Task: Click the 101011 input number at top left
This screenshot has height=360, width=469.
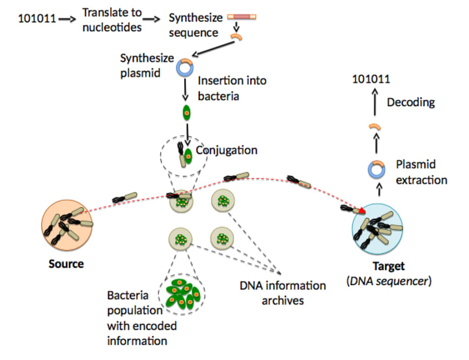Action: coord(37,19)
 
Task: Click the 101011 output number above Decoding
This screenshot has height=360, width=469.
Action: coord(371,79)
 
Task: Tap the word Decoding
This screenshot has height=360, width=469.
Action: coord(410,102)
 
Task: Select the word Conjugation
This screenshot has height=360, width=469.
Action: coord(227,150)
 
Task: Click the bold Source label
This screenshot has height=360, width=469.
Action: coord(66,264)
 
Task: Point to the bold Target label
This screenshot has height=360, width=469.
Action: coord(388,266)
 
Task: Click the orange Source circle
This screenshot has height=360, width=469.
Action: coord(66,225)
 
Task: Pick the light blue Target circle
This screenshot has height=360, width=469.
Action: coord(377,229)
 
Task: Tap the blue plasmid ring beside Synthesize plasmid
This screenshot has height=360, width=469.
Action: coord(184,68)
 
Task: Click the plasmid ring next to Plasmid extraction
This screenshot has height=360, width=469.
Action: coord(377,169)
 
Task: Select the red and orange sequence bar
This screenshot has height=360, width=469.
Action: coord(242,17)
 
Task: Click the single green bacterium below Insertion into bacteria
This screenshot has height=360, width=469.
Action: coord(186,113)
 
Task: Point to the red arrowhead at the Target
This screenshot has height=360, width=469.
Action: coord(362,210)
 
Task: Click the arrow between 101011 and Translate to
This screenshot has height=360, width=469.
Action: coord(68,19)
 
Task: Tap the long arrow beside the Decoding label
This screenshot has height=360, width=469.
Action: coord(375,102)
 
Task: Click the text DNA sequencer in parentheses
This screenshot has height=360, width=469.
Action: coord(389,281)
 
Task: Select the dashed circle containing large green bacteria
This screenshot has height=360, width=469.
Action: coord(182,294)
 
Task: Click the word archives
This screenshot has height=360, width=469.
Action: coord(283,301)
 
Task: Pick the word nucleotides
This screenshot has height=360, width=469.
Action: coord(112,27)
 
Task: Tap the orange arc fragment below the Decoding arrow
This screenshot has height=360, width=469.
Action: coord(375,126)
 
